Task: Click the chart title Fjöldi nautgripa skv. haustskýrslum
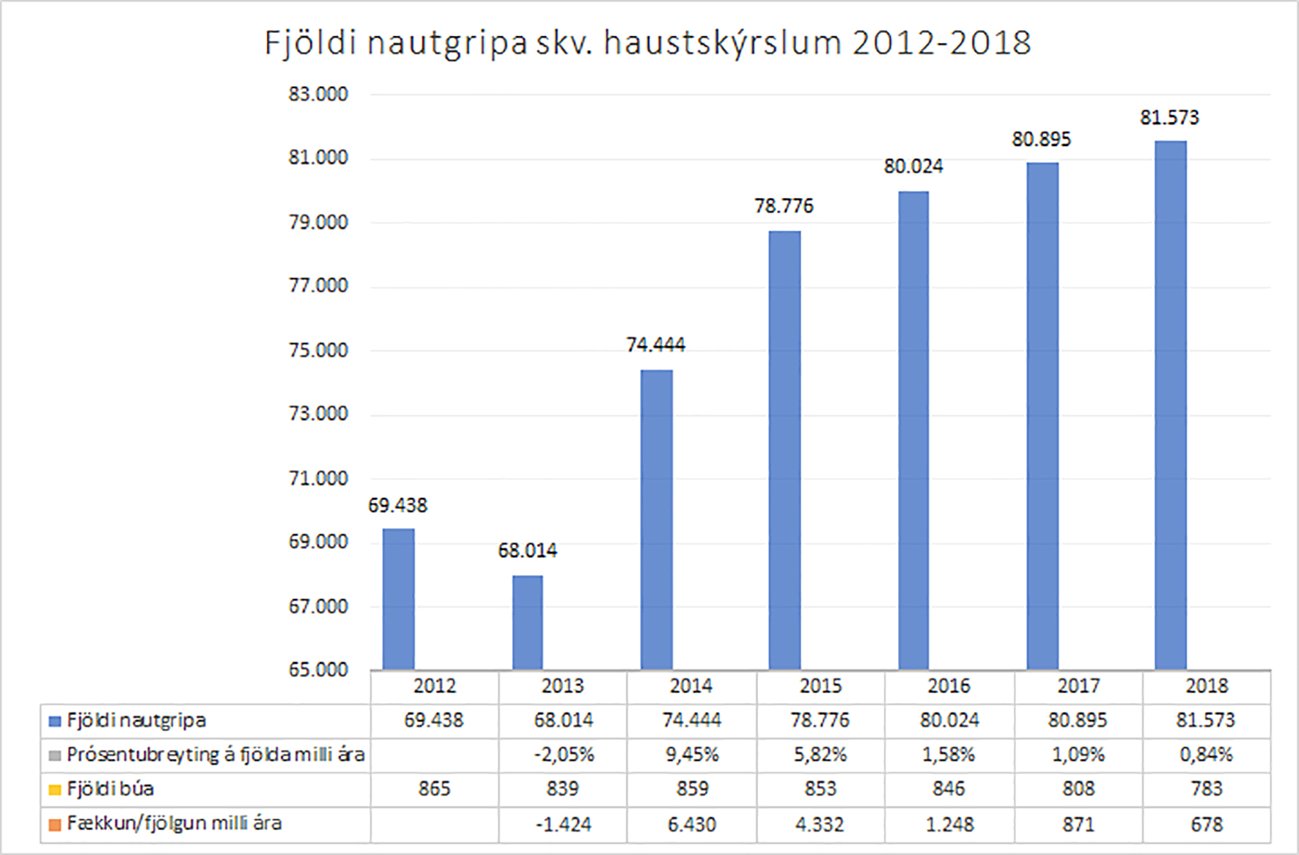(647, 43)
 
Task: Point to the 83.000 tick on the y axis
(318, 95)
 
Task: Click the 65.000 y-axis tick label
(318, 669)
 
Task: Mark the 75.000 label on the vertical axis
(318, 350)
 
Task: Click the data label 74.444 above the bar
(655, 345)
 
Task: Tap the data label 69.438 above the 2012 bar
(397, 505)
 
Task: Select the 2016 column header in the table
(949, 686)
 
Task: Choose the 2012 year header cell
(434, 686)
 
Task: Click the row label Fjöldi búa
(110, 789)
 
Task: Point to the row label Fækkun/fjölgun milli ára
(174, 823)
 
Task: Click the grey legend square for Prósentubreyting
(54, 755)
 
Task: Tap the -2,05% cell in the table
(563, 755)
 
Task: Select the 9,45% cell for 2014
(691, 755)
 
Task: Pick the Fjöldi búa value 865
(434, 789)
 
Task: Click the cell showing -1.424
(563, 824)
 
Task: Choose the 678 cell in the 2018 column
(1206, 824)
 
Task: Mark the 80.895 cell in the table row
(1077, 720)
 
